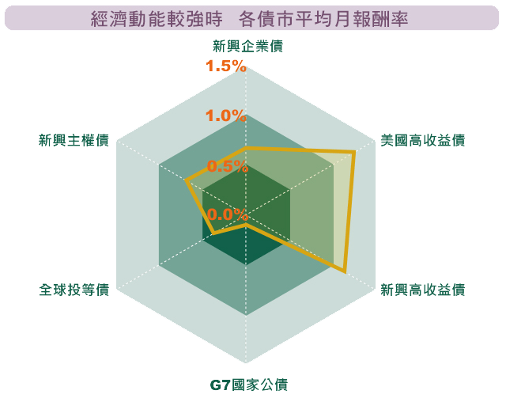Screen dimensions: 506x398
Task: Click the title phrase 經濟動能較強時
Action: (x=157, y=18)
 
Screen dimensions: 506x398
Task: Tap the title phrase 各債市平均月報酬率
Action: (x=323, y=18)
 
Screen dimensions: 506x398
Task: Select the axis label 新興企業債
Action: (x=247, y=46)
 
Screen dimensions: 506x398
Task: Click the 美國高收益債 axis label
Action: (x=422, y=140)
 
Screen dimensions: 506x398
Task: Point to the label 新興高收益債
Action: (x=422, y=290)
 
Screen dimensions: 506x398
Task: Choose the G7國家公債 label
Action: (x=249, y=385)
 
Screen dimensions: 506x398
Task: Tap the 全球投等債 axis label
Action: (x=74, y=290)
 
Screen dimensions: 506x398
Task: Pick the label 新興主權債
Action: (x=74, y=140)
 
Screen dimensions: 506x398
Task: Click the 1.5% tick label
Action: (x=226, y=66)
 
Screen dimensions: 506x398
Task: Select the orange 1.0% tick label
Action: (x=226, y=116)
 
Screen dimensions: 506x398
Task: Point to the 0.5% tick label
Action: (x=228, y=166)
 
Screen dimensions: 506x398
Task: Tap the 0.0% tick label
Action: (x=228, y=214)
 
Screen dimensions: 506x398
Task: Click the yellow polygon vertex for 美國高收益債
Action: (x=354, y=151)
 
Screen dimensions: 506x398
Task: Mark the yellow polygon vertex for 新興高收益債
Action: (x=345, y=271)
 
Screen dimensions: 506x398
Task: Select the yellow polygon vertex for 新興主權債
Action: (x=186, y=180)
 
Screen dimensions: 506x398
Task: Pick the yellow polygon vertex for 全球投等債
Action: (x=213, y=233)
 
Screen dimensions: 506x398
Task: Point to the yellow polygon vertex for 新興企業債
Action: (x=246, y=148)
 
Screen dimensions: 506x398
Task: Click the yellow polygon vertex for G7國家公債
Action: (x=246, y=224)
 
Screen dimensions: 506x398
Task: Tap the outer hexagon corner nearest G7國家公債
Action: (x=246, y=363)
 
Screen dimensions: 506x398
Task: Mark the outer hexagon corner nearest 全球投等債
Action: (x=117, y=289)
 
